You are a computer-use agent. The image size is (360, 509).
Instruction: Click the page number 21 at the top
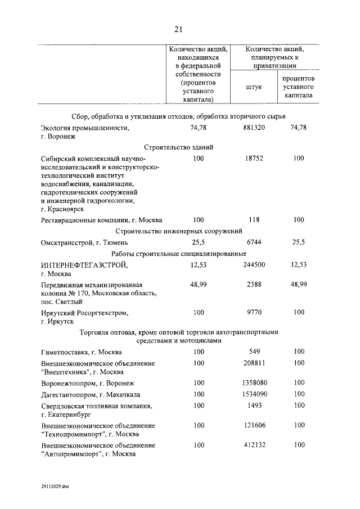point(178,30)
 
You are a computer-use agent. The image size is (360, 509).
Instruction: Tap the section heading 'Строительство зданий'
point(179,146)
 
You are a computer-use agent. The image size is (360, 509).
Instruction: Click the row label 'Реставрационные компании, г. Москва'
point(99,219)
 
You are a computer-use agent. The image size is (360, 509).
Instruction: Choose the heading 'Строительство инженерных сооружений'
point(179,231)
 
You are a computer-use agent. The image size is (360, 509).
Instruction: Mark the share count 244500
point(254,265)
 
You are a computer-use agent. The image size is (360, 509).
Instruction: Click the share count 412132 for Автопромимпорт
point(254,445)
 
